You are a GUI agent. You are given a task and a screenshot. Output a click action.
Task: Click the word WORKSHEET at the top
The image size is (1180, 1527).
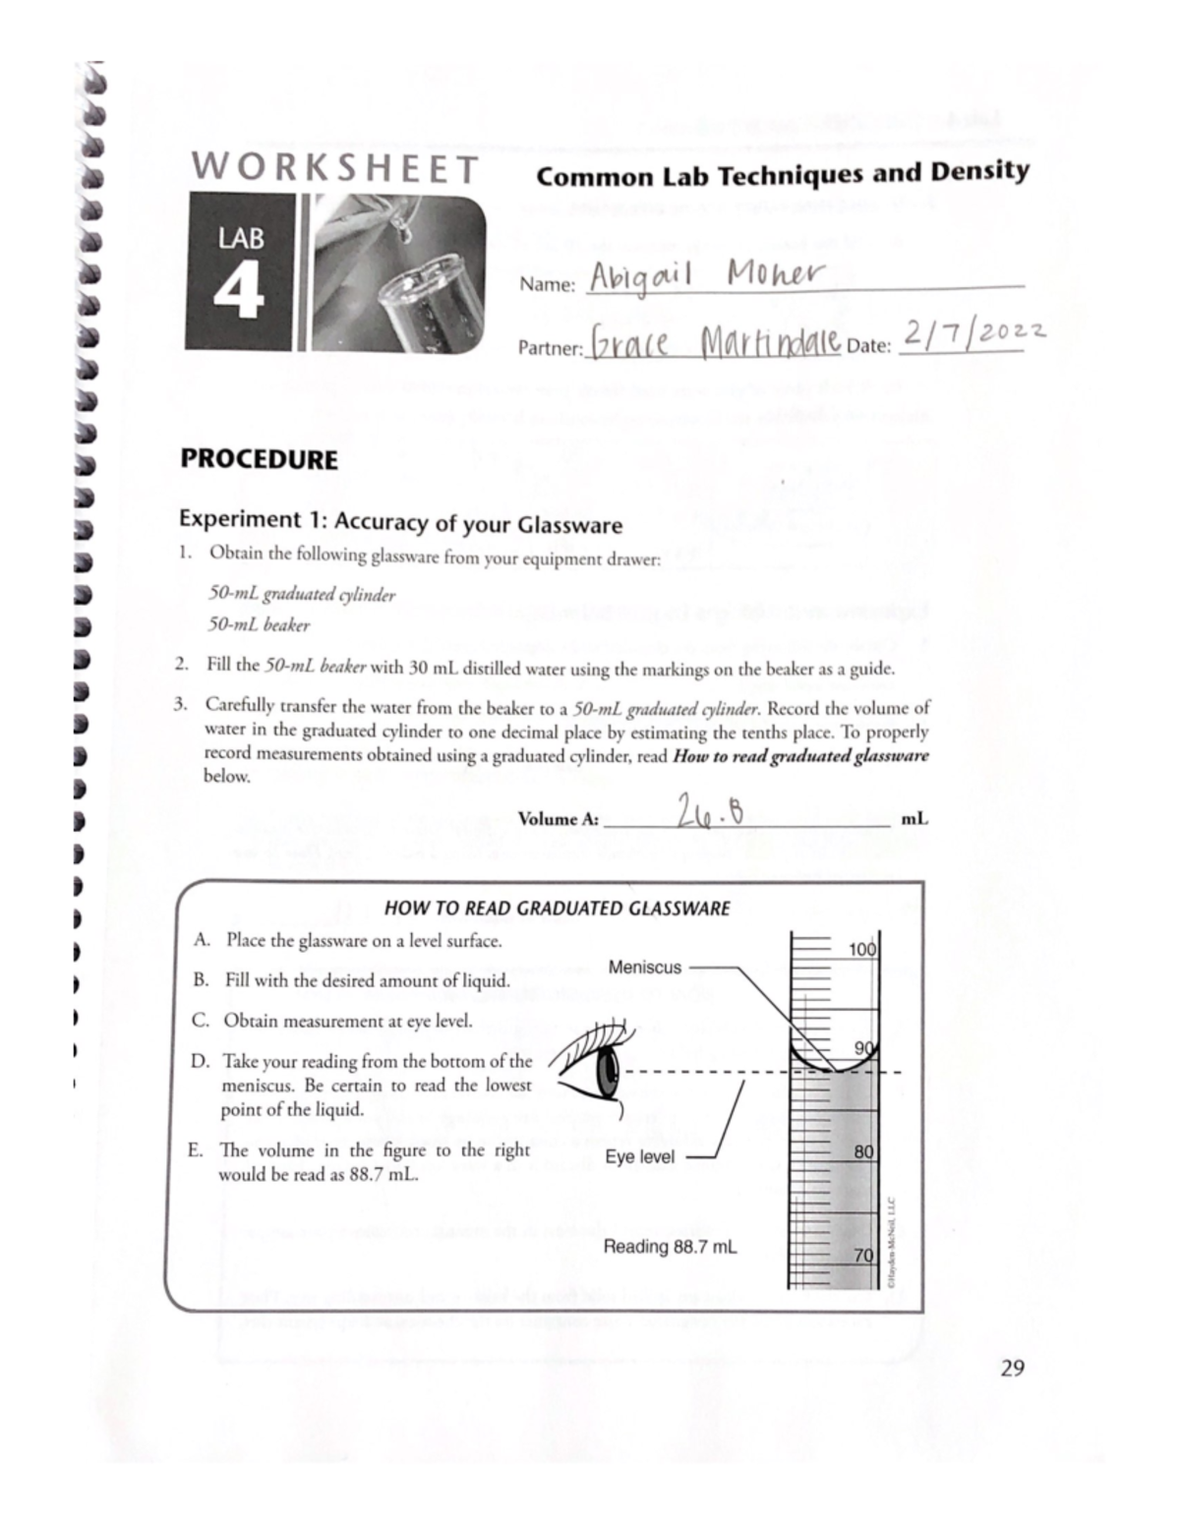[334, 168]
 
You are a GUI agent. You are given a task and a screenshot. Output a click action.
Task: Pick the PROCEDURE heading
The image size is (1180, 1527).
[259, 459]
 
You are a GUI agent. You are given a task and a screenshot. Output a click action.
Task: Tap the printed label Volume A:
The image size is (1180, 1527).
[558, 819]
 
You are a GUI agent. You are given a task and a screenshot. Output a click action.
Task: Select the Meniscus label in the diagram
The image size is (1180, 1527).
[645, 968]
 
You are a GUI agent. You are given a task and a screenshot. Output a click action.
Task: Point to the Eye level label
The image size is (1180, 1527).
[640, 1157]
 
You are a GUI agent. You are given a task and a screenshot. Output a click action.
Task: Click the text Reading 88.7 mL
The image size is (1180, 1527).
[670, 1248]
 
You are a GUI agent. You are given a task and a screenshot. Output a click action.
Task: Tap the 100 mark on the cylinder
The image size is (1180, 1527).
[861, 950]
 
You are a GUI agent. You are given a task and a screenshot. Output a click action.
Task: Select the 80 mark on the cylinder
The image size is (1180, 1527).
[863, 1151]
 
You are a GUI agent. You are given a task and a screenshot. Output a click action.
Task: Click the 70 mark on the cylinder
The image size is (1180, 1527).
[863, 1256]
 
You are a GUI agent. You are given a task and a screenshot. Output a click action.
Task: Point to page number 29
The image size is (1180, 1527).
[1012, 1367]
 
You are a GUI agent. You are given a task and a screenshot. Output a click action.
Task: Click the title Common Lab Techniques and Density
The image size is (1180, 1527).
[783, 174]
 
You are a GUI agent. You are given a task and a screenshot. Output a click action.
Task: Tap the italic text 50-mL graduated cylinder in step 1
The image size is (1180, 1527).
[302, 594]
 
